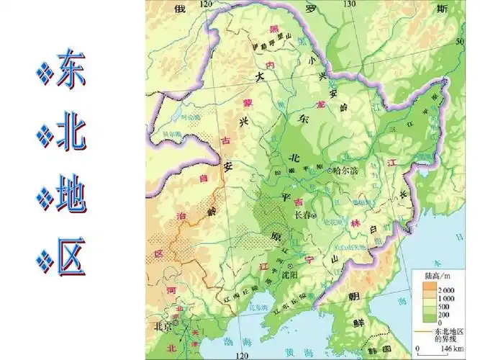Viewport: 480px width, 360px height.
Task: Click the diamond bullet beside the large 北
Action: (45, 133)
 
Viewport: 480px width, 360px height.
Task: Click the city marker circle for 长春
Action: (314, 215)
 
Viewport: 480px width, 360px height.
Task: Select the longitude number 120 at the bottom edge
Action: (242, 355)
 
